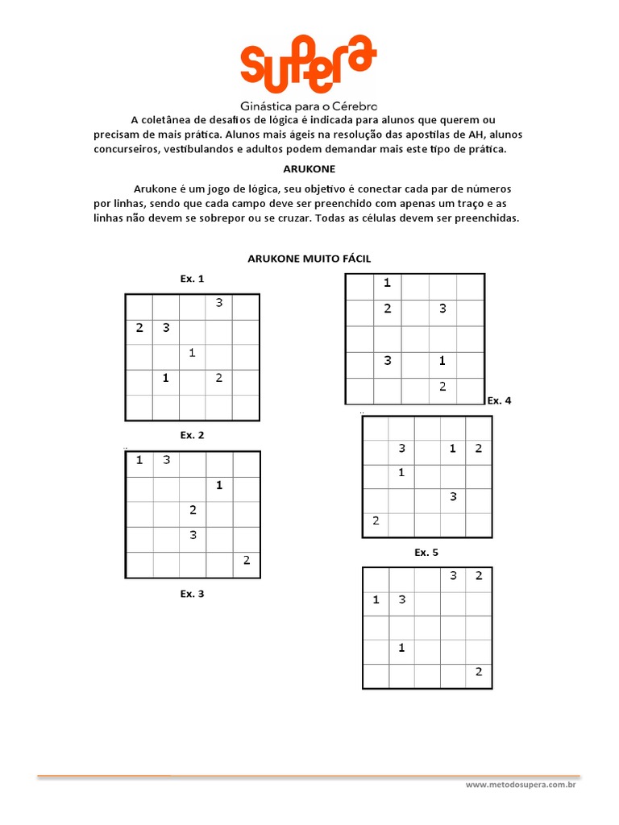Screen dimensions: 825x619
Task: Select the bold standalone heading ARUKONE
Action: (x=309, y=169)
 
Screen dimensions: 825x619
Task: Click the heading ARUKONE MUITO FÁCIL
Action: (x=309, y=258)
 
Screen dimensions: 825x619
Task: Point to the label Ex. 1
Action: (x=192, y=279)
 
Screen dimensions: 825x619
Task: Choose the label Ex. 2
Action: (x=192, y=435)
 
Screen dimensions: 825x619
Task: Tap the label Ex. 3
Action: (x=192, y=595)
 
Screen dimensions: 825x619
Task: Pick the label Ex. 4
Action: (x=499, y=400)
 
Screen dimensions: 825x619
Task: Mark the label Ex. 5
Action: (x=426, y=553)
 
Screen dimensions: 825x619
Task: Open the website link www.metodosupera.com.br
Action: (x=523, y=784)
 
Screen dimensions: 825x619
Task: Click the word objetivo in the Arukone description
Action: (x=326, y=189)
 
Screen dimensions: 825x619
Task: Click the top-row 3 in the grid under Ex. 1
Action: (x=218, y=303)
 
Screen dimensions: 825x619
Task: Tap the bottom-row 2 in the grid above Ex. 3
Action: (x=246, y=561)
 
